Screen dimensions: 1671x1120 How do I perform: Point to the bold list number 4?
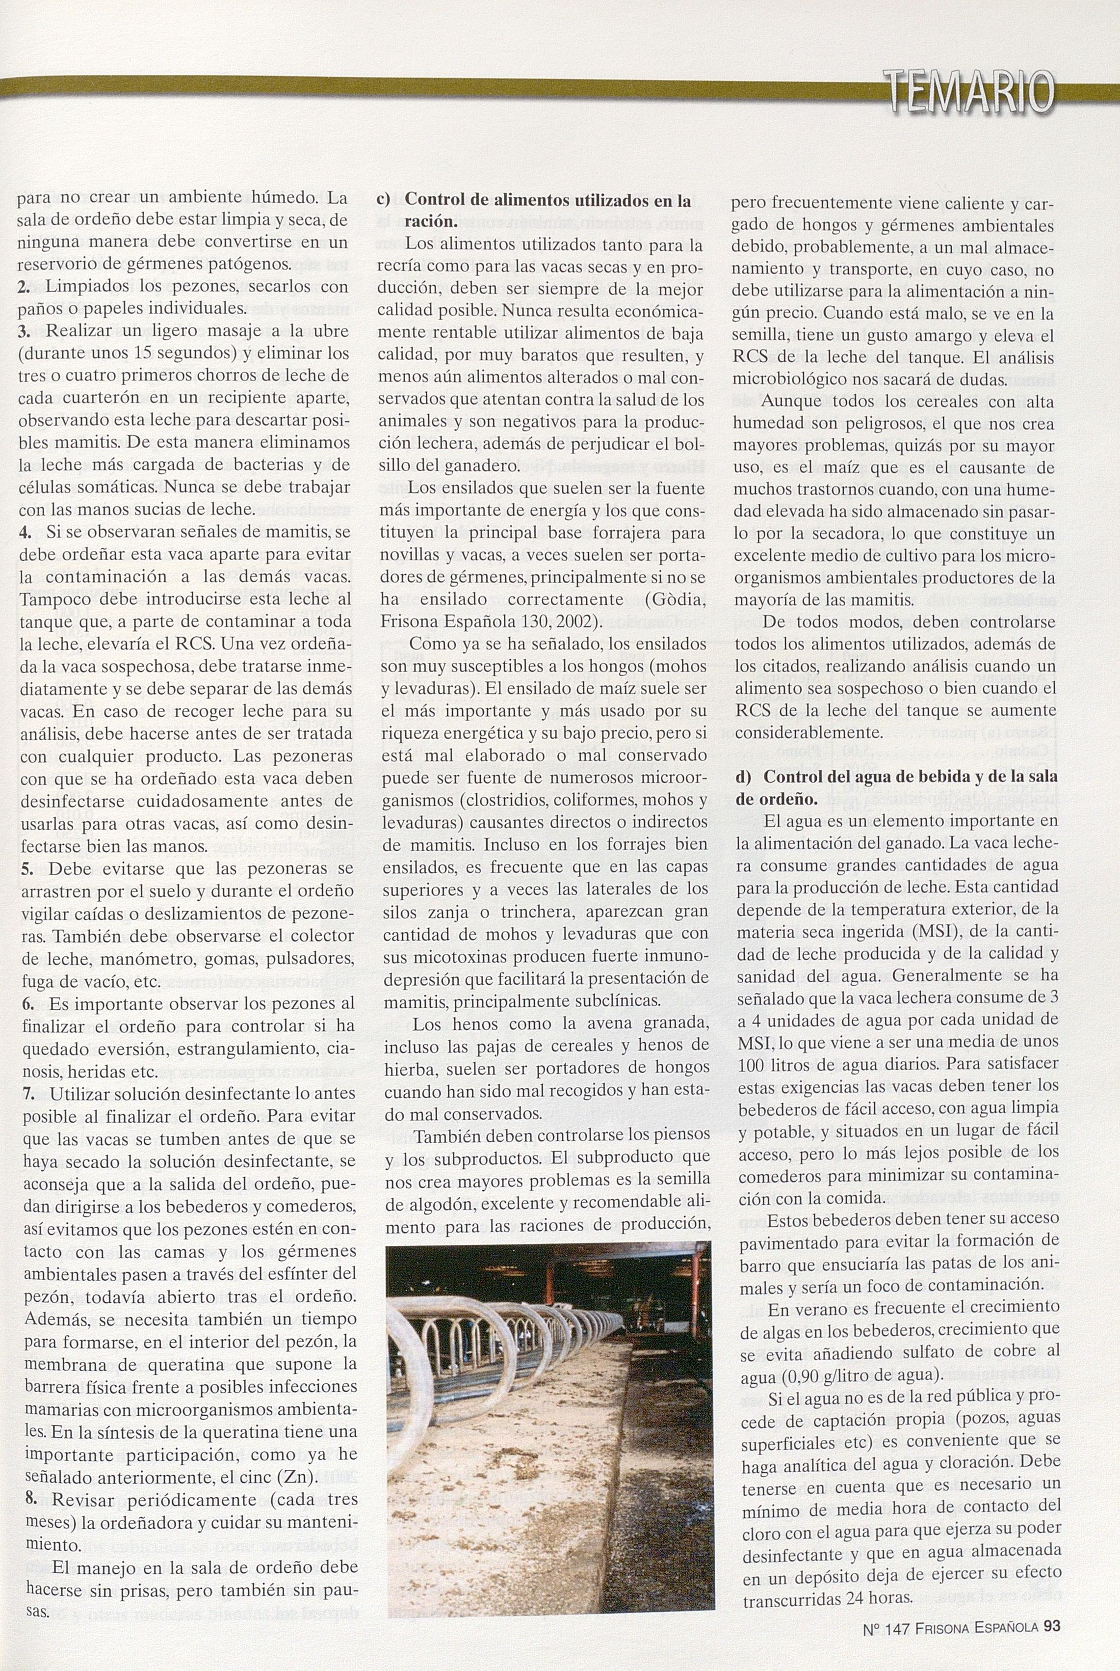[25, 533]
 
